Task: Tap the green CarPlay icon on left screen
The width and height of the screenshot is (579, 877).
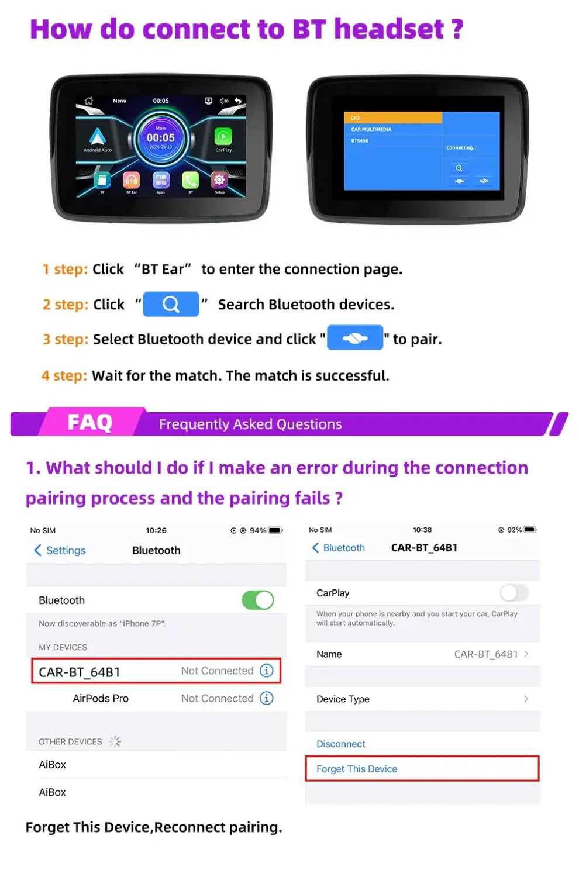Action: coord(223,137)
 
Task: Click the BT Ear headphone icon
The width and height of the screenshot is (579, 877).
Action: coord(132,180)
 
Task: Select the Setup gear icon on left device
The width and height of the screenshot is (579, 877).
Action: coord(219,179)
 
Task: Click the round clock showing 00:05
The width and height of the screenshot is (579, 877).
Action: coord(160,138)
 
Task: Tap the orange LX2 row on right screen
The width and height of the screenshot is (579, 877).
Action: coord(392,118)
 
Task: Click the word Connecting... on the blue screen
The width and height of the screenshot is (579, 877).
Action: coord(461,147)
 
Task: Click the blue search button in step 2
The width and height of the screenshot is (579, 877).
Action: coord(171,304)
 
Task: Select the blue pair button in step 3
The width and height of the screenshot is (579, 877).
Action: coord(355,338)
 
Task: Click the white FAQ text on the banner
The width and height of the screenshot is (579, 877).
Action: coord(89,422)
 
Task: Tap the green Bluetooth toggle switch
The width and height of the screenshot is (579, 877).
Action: coord(258,600)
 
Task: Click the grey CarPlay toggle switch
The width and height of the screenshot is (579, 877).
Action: coord(514,593)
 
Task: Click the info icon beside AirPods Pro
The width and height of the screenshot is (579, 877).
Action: coord(266,698)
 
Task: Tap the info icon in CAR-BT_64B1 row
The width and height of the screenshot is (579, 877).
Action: coord(266,671)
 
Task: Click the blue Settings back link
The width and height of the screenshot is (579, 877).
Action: coord(60,550)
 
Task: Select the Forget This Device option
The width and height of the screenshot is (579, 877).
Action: coord(357,769)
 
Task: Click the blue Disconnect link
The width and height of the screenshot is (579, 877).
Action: coord(341,744)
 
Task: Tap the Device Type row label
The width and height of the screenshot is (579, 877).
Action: coord(343,699)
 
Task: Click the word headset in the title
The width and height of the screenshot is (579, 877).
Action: coord(389,29)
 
